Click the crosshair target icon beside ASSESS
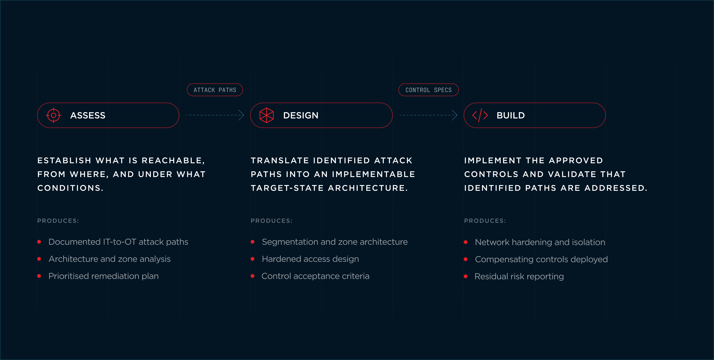pyautogui.click(x=54, y=115)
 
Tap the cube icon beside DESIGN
pyautogui.click(x=267, y=115)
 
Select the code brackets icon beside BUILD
pyautogui.click(x=480, y=115)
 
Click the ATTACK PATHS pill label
pyautogui.click(x=215, y=90)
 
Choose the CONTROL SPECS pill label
pyautogui.click(x=429, y=90)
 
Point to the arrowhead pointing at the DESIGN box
pyautogui.click(x=242, y=115)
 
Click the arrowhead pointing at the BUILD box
pyautogui.click(x=455, y=115)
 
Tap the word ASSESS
pyautogui.click(x=88, y=115)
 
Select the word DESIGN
pyautogui.click(x=301, y=115)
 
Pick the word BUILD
pyautogui.click(x=511, y=115)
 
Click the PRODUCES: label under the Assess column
pyautogui.click(x=58, y=221)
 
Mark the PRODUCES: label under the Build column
pyautogui.click(x=485, y=221)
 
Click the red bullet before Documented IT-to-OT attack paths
pyautogui.click(x=39, y=242)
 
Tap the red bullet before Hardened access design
pyautogui.click(x=253, y=259)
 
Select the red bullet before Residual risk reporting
pyautogui.click(x=466, y=276)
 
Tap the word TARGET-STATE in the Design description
pyautogui.click(x=287, y=188)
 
